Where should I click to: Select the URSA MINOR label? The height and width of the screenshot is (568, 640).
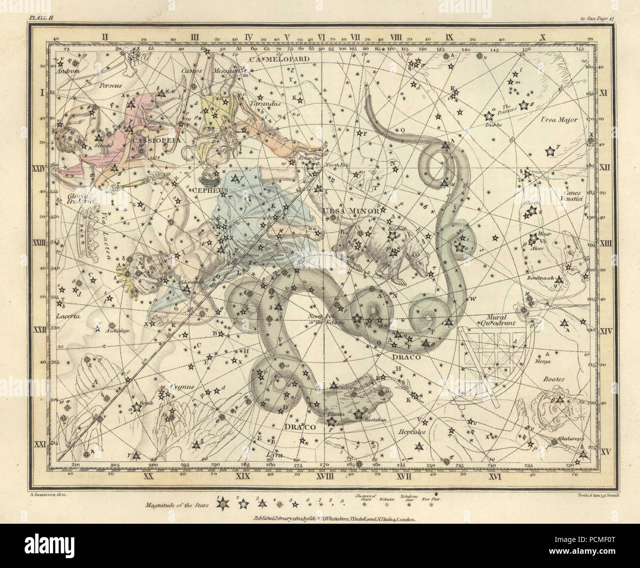point(351,211)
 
